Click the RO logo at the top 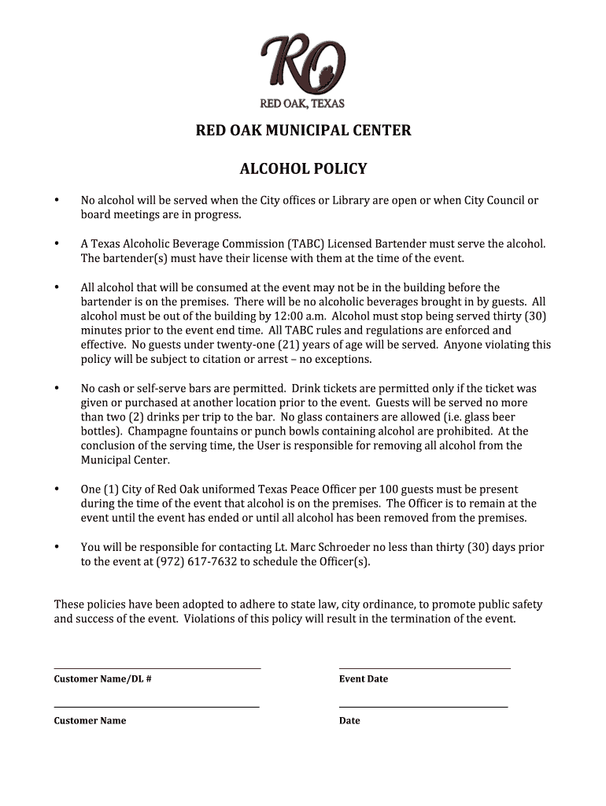point(303,65)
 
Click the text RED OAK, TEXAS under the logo point(303,104)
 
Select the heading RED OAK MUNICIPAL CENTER point(303,131)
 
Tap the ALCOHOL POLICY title point(303,169)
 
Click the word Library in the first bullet point(351,200)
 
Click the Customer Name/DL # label point(102,678)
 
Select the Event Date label point(364,678)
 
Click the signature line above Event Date point(425,669)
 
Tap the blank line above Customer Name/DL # point(157,669)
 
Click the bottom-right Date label point(349,720)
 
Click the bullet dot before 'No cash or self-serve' point(57,388)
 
